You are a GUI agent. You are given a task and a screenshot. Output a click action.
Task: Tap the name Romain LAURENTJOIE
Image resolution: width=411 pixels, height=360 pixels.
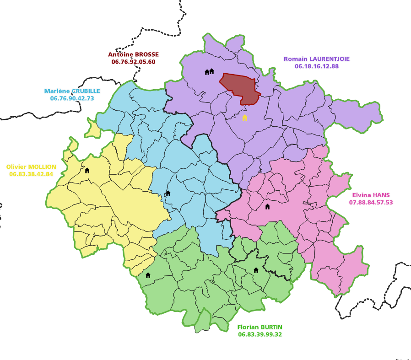tap(317, 59)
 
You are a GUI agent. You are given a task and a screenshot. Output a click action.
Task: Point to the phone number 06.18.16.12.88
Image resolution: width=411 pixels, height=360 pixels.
tap(317, 66)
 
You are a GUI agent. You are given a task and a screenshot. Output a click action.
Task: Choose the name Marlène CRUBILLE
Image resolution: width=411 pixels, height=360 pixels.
tap(72, 91)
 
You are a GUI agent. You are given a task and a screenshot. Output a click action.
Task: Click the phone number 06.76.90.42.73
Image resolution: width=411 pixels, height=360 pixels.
tap(72, 98)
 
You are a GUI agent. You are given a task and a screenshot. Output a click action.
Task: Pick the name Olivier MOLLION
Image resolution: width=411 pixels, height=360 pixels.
tap(31, 167)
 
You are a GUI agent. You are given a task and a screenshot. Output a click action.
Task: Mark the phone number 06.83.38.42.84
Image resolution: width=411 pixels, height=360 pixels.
tap(31, 174)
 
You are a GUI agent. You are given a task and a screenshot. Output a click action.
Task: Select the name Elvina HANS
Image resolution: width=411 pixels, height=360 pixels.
tap(371, 194)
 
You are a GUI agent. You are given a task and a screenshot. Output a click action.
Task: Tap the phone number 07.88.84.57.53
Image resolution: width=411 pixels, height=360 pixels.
tap(371, 202)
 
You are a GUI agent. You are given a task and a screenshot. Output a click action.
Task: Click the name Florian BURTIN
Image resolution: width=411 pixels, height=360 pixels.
tap(260, 327)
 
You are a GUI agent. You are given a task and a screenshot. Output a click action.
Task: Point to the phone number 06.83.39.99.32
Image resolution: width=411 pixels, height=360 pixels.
tap(260, 334)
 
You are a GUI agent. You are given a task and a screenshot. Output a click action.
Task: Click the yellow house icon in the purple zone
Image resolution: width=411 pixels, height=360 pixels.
tap(244, 118)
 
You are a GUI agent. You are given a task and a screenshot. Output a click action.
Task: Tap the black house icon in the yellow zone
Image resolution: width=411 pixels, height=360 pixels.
tap(87, 171)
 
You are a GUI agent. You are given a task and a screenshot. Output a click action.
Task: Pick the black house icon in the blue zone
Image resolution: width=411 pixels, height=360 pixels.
tap(168, 193)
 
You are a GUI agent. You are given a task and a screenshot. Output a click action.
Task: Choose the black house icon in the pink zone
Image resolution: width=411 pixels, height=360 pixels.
tap(267, 207)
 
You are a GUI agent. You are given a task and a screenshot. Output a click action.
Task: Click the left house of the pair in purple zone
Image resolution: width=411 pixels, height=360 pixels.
tap(207, 72)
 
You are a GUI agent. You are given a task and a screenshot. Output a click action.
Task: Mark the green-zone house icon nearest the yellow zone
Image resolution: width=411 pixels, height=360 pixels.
tap(148, 275)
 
